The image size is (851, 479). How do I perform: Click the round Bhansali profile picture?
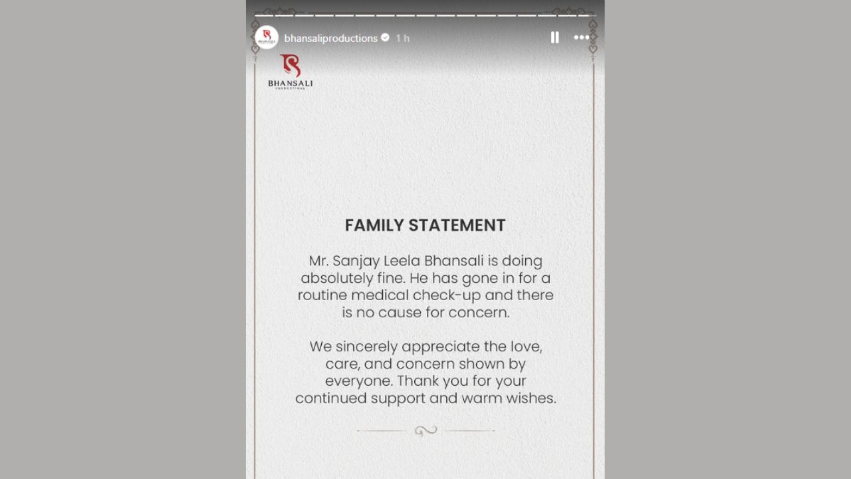pos(267,38)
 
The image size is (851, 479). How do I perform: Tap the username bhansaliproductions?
pos(330,39)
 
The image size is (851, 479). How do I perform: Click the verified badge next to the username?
pos(385,38)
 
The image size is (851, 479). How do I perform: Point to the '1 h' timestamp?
pos(402,39)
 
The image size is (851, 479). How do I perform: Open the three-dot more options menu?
pos(581,38)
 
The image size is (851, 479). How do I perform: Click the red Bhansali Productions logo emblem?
pos(290,66)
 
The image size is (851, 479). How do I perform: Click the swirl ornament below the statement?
pos(425,430)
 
